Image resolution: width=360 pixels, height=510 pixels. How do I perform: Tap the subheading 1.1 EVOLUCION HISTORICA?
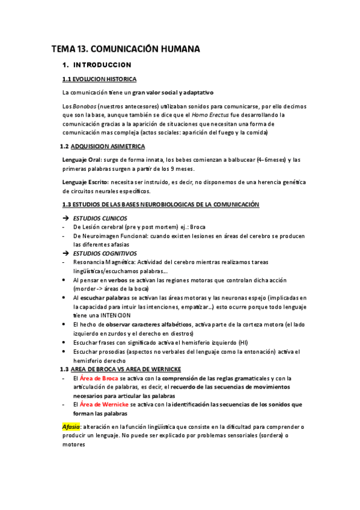99,79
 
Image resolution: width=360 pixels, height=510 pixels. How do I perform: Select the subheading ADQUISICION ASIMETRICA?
107,146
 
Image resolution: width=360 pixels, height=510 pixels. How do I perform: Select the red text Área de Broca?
99,378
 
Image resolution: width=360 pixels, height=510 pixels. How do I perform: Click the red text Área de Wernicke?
104,405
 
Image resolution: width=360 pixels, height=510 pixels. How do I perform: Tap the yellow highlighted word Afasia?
72,427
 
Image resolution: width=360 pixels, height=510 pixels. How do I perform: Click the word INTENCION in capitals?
120,315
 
